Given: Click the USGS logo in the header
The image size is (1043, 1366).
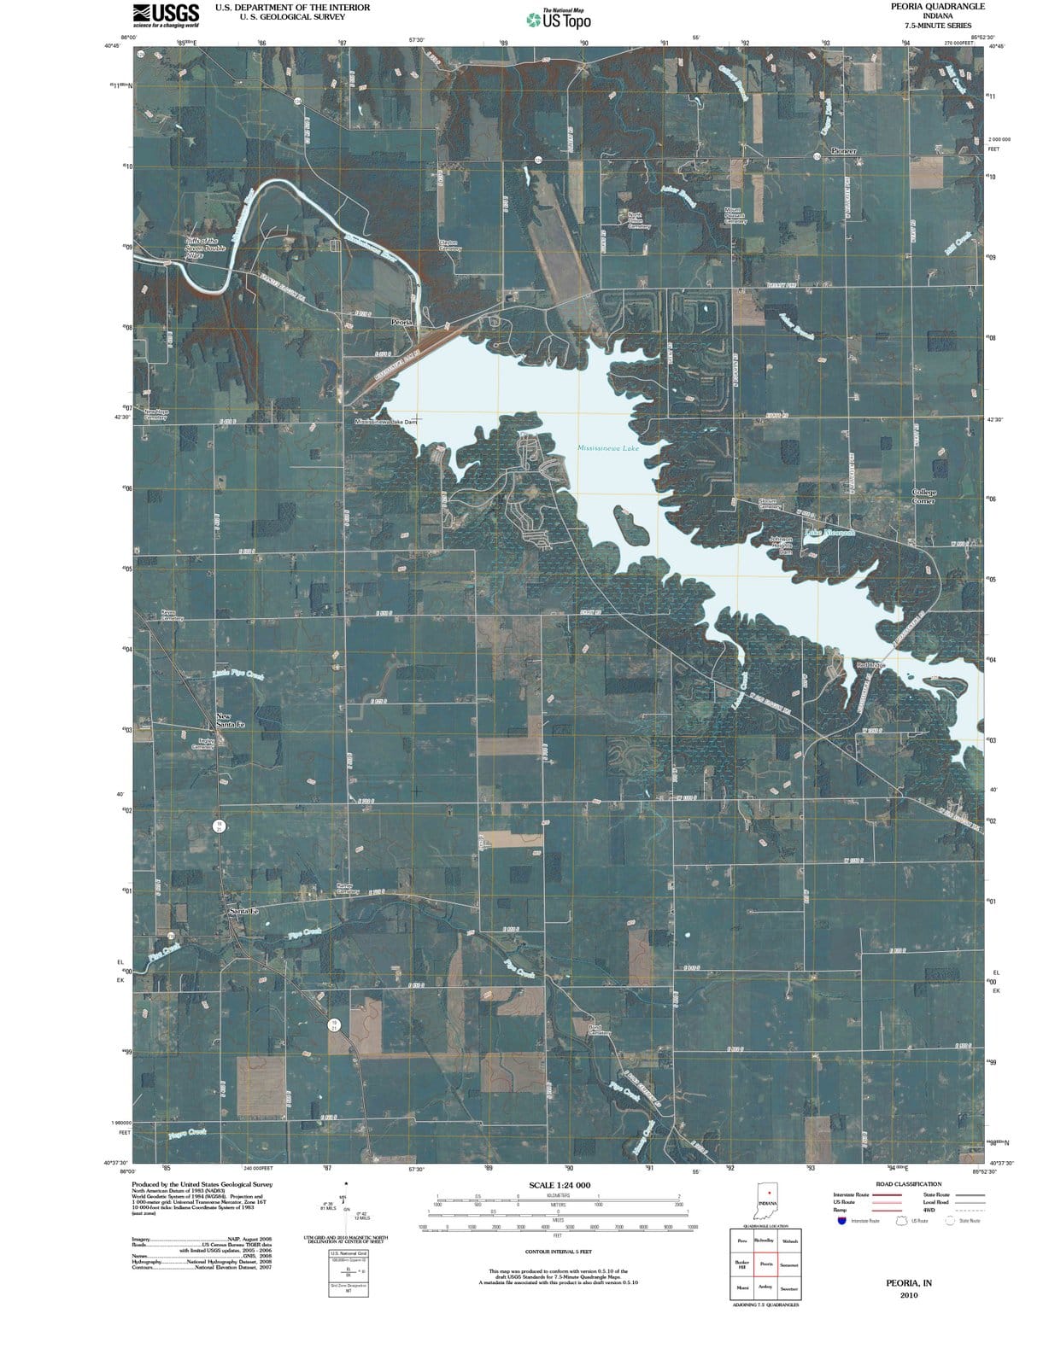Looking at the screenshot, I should (x=166, y=15).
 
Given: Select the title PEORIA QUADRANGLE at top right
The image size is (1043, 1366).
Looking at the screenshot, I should (x=937, y=6).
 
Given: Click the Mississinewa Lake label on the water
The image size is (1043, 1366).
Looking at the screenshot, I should (x=607, y=448).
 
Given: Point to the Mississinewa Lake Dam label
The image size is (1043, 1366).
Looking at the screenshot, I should (x=387, y=423).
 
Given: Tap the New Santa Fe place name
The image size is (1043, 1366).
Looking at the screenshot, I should (x=230, y=721).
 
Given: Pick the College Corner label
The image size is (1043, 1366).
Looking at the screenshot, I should (x=924, y=496).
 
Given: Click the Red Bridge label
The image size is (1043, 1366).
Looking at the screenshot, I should (x=870, y=665).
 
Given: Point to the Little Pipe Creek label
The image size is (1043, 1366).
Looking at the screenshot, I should (x=237, y=675).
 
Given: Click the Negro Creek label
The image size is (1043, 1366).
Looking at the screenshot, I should (x=187, y=1133).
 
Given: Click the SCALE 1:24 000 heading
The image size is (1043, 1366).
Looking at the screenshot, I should (x=560, y=1185).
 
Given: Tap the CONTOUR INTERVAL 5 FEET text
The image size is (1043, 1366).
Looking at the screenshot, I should (x=560, y=1252).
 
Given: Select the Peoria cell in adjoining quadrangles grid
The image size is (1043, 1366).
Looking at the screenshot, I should (x=766, y=1264).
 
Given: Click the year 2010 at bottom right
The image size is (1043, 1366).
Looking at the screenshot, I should (x=910, y=1296).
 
